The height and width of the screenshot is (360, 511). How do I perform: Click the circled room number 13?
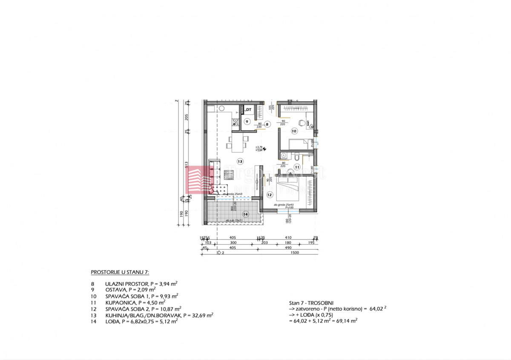(240, 161)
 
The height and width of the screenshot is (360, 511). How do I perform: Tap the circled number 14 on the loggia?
(245, 214)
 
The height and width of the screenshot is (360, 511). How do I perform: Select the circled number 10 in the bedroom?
(294, 131)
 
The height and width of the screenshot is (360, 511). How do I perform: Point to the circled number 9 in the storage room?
(247, 121)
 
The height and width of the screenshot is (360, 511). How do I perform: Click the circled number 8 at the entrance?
(267, 124)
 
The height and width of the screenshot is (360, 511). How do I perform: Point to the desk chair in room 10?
(301, 123)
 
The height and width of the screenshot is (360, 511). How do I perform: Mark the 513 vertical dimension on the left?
(186, 165)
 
